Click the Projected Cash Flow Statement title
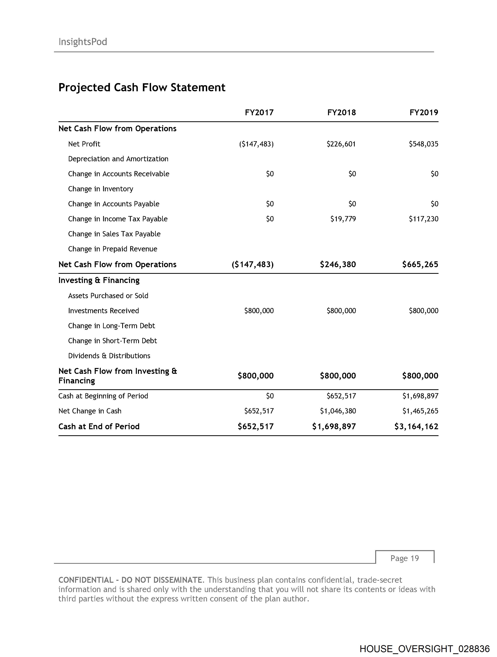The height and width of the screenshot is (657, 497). tap(142, 87)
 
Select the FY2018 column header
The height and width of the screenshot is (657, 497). tap(341, 113)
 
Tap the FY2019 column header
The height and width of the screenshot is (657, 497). tap(424, 113)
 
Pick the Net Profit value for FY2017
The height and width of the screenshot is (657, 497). tap(256, 144)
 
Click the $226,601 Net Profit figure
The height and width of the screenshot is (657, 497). tap(341, 144)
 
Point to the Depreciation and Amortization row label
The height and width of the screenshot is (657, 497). tap(118, 159)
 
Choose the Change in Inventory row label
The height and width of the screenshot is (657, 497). tap(101, 189)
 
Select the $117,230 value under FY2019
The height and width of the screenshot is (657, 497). tap(423, 219)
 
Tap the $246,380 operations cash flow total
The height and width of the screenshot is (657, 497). tap(338, 264)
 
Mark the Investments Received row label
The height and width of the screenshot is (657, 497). tap(103, 311)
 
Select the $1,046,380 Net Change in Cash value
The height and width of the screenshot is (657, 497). tap(338, 411)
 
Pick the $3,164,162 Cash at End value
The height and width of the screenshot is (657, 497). tap(416, 426)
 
